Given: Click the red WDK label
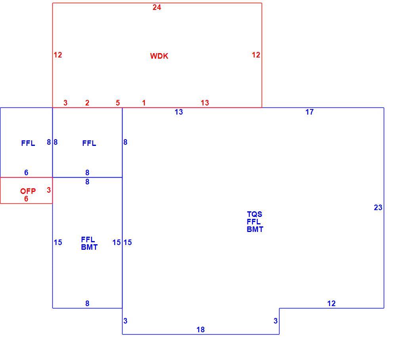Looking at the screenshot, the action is [x=159, y=56].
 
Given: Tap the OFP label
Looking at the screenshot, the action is [x=28, y=191].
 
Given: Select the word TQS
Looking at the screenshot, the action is [x=255, y=214].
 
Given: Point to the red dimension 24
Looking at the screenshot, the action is [x=157, y=8].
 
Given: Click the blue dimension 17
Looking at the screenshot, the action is [x=310, y=112].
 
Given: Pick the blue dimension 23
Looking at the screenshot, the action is [x=378, y=208].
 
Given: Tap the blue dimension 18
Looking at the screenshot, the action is [x=201, y=330].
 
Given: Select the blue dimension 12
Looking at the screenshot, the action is [x=331, y=304].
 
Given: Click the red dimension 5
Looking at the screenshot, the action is [x=118, y=103].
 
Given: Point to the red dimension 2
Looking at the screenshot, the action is [x=87, y=103].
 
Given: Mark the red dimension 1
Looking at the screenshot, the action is [x=144, y=103].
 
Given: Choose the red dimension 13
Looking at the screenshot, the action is [x=205, y=103].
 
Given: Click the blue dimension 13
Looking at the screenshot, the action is [x=179, y=112].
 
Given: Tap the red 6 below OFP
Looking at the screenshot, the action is [x=26, y=199].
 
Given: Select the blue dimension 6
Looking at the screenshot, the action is [x=26, y=173].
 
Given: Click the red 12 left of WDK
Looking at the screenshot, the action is [x=58, y=55].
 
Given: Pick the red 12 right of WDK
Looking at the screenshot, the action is [x=256, y=55].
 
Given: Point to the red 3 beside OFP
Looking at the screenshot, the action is [x=49, y=190].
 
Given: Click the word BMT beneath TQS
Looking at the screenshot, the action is [x=255, y=230].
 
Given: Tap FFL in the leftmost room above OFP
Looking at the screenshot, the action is [x=28, y=144].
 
